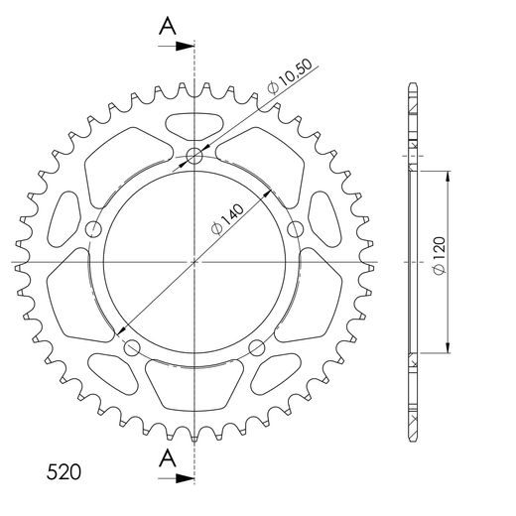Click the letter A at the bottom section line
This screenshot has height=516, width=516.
coord(170,457)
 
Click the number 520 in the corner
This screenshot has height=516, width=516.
coord(64,467)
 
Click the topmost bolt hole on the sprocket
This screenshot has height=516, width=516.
coord(195,155)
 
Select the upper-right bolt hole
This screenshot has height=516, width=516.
coord(294,229)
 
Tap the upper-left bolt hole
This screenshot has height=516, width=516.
coord(95,229)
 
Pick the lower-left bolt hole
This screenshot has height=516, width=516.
coord(132,346)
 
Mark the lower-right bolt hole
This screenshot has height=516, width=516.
coord(257,346)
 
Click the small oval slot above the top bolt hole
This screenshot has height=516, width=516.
coord(195,127)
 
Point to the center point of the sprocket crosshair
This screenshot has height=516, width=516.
coord(195,262)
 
